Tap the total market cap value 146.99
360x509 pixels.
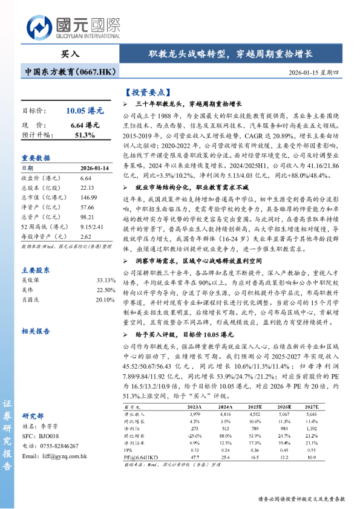pos(89,198)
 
